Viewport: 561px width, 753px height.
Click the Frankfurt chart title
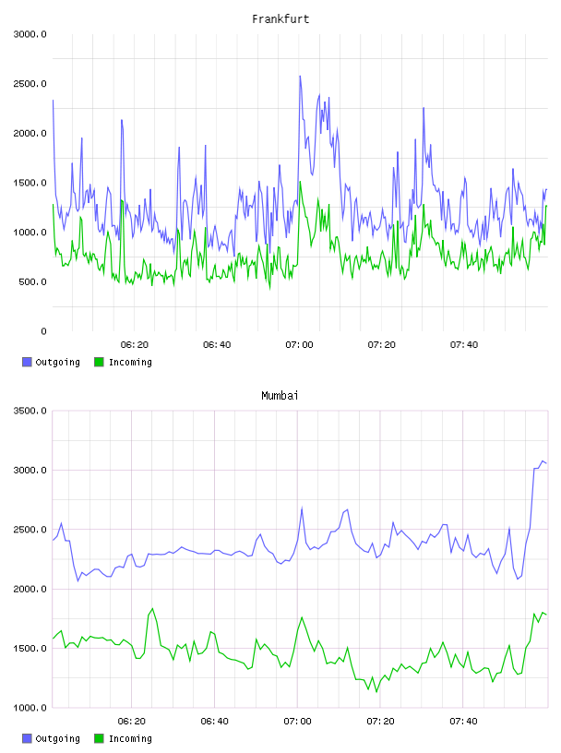[280, 19]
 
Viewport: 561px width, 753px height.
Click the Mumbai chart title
[280, 396]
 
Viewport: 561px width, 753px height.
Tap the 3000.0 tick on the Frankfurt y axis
[30, 34]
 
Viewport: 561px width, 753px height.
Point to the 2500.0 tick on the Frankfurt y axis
[30, 84]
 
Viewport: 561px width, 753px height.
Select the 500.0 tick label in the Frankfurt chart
[32, 281]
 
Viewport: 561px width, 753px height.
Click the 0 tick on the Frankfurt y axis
[43, 331]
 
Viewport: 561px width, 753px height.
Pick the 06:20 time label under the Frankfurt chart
[135, 345]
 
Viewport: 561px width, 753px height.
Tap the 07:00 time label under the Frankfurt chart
[299, 345]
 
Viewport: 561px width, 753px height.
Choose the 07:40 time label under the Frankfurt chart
[464, 345]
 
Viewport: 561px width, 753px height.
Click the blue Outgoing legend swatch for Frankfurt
[27, 362]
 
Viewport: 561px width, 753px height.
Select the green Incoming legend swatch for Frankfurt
[99, 362]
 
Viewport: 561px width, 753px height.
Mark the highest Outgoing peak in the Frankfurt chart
[300, 76]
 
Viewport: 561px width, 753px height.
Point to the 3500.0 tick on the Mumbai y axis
[30, 411]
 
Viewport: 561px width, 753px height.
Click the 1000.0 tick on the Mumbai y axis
[30, 708]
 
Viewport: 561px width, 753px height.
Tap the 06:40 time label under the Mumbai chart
[215, 722]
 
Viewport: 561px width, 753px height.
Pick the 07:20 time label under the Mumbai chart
[380, 722]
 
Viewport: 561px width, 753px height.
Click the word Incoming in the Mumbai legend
[130, 738]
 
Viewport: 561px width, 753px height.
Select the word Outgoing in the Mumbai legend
[57, 738]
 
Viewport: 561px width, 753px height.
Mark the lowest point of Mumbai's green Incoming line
[376, 691]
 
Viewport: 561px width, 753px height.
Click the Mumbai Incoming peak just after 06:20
[152, 608]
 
